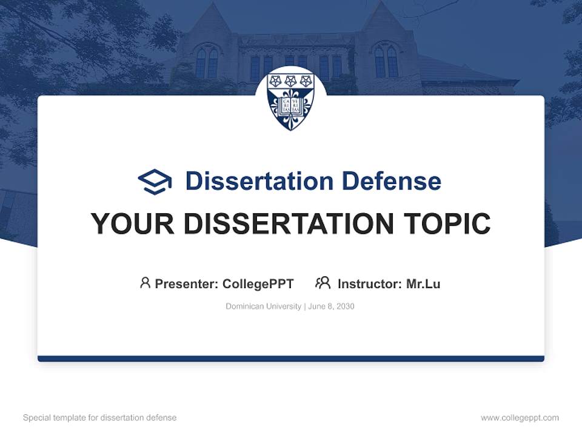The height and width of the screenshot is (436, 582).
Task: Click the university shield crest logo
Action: pyautogui.click(x=291, y=100)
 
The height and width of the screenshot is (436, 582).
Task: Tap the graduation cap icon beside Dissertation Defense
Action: pyautogui.click(x=155, y=182)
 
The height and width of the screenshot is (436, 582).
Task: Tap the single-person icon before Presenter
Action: pyautogui.click(x=145, y=283)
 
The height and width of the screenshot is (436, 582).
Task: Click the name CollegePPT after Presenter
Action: pyautogui.click(x=258, y=283)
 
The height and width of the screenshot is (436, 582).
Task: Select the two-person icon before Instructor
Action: pyautogui.click(x=323, y=283)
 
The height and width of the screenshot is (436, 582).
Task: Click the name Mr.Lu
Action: pyautogui.click(x=423, y=283)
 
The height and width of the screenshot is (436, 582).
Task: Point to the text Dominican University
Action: pyautogui.click(x=263, y=306)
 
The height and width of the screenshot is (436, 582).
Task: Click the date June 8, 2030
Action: pyautogui.click(x=331, y=306)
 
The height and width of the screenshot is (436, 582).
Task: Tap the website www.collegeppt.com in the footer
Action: pyautogui.click(x=520, y=418)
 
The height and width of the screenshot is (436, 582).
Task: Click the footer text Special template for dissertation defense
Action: pyautogui.click(x=100, y=418)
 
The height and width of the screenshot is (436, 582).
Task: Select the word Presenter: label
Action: pyautogui.click(x=187, y=283)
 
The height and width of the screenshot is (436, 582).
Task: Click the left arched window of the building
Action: pyautogui.click(x=207, y=62)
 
